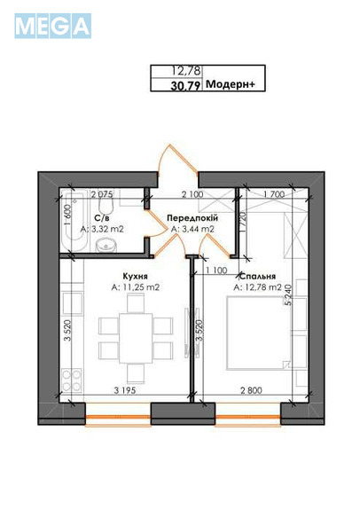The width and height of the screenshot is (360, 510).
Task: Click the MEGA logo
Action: click(x=52, y=26)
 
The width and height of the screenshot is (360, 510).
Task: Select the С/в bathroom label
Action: click(x=101, y=217)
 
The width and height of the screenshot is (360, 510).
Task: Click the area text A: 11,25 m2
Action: click(x=136, y=287)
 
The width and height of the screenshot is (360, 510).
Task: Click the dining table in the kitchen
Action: click(x=135, y=338)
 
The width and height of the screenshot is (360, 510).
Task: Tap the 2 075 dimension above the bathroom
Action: click(x=101, y=193)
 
